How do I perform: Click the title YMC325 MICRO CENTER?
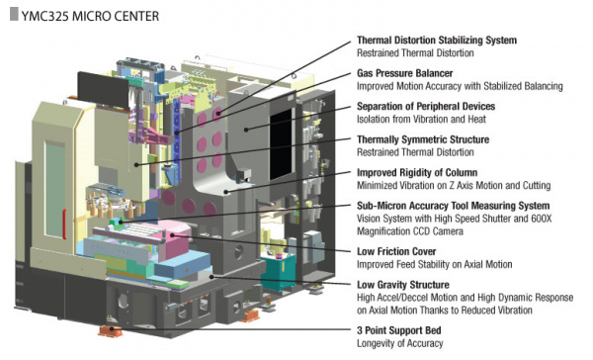tap(90, 16)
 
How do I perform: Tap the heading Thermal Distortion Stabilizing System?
tap(437, 41)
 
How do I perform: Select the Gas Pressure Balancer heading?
tap(404, 73)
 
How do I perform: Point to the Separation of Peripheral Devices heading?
tap(426, 107)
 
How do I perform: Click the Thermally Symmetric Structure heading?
tap(423, 139)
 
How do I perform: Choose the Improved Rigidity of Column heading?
tap(417, 173)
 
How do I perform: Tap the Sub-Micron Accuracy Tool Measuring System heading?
tap(453, 206)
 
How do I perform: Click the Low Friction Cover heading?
tap(396, 252)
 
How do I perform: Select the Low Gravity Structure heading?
tap(403, 285)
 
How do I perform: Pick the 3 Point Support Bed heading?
tap(399, 330)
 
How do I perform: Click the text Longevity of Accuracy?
tap(399, 344)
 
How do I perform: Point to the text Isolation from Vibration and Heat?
tap(421, 120)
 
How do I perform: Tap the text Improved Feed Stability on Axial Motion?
tap(435, 264)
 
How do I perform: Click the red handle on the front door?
tap(64, 225)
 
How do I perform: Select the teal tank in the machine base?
tap(280, 271)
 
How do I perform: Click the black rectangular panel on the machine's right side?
tap(282, 144)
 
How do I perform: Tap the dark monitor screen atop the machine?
tap(102, 90)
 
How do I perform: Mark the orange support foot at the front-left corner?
tap(111, 331)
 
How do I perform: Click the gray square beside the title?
tap(14, 15)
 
